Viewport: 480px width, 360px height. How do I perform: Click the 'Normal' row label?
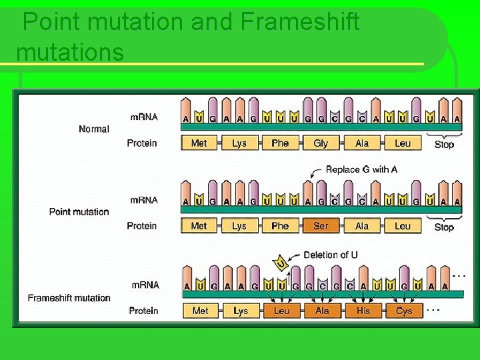93,129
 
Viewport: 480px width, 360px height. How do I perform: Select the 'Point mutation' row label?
79,212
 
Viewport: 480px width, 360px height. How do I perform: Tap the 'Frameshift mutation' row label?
69,298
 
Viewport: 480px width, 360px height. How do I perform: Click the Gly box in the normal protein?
321,143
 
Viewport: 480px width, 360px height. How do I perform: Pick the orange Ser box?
321,226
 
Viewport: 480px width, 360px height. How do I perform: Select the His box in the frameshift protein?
363,311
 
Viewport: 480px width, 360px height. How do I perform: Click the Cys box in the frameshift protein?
404,311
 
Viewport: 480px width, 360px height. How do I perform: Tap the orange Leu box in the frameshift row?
282,311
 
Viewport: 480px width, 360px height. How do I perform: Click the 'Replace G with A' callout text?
361,169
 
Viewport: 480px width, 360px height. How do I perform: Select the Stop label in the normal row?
444,145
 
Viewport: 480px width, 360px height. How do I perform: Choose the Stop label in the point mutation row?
444,227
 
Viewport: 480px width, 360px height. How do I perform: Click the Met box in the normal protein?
199,143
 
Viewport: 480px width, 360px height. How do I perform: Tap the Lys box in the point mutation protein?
239,226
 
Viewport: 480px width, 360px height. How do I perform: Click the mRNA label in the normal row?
144,117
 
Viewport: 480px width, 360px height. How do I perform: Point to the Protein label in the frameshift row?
143,311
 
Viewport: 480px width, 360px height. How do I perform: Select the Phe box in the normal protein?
280,143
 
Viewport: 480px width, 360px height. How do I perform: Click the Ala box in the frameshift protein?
323,311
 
